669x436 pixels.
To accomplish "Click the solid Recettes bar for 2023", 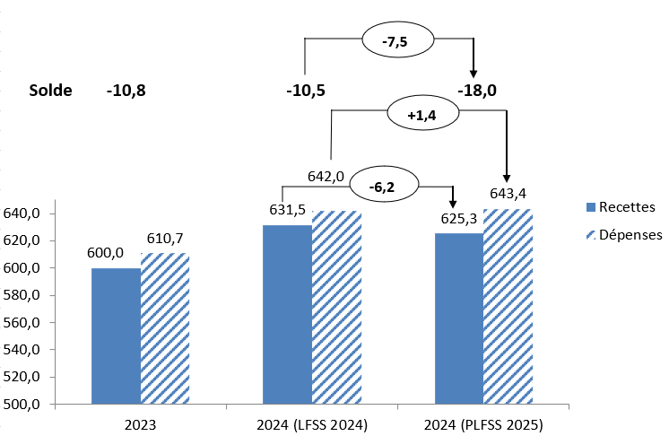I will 116,336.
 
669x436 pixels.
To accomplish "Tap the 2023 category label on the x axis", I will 140,423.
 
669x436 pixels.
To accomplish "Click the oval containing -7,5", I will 396,40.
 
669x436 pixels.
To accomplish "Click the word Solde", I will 50,91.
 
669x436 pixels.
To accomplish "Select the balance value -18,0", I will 477,91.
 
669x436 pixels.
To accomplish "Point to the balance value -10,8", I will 126,91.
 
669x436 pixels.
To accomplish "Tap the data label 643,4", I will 508,193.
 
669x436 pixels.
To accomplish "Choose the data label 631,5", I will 288,210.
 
